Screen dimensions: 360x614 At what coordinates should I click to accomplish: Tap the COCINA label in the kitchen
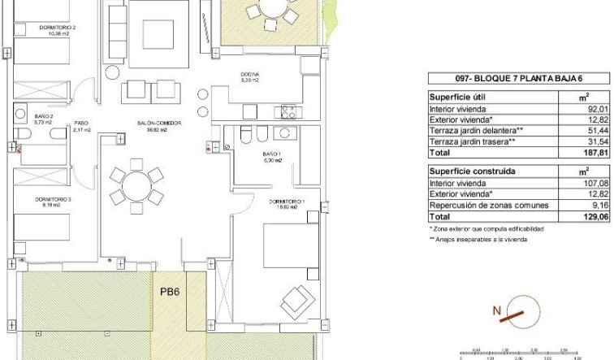click(x=249, y=76)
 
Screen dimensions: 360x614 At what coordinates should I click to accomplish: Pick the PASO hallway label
click(x=80, y=124)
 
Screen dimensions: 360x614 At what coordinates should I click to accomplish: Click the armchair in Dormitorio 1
click(x=296, y=304)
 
